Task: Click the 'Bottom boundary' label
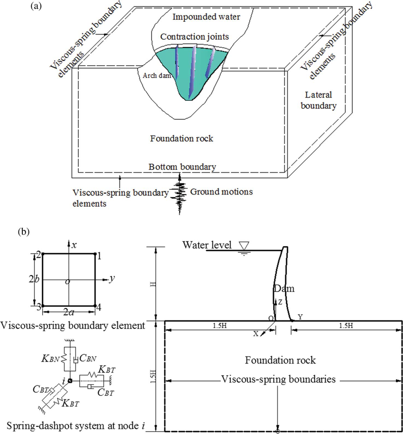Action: coord(183,167)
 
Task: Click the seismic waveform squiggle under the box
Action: coord(180,194)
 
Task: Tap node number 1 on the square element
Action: coord(100,255)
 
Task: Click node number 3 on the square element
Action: coord(39,307)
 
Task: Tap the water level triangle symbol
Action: coord(244,246)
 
